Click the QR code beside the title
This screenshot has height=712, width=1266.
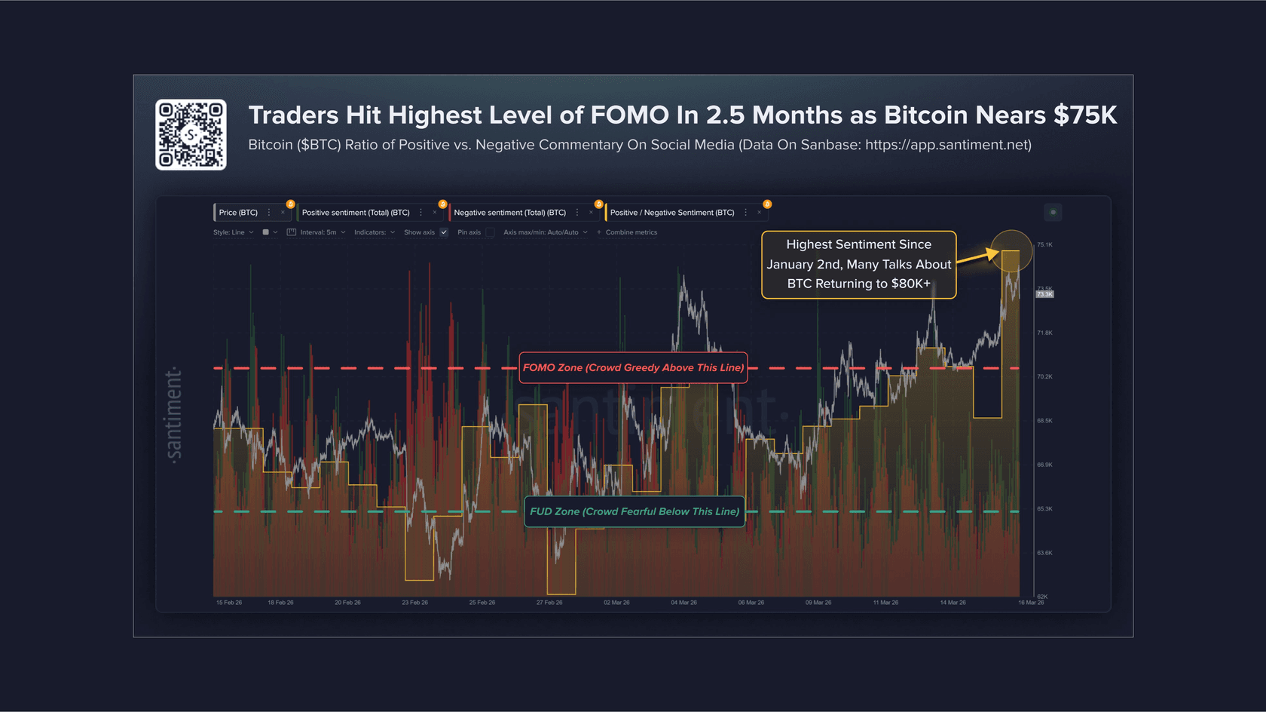pos(191,135)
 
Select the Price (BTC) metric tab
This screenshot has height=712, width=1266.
pos(238,213)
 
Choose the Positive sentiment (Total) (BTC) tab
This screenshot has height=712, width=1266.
pos(356,213)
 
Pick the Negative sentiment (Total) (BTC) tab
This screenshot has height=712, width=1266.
pos(509,213)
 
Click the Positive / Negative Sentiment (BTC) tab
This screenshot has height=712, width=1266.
pos(671,213)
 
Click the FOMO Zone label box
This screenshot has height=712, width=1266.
pos(633,368)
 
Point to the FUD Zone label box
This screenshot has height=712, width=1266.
pos(635,511)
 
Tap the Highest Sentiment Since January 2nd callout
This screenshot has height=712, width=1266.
pos(858,265)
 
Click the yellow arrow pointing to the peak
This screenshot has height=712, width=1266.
pos(977,256)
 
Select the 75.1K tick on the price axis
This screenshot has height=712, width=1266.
pos(1044,245)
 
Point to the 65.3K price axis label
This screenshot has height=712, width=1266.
pos(1044,509)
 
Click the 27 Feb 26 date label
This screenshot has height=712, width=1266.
pos(549,603)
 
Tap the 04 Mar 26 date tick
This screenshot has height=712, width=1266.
pos(683,603)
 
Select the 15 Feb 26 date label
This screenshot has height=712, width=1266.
pos(229,603)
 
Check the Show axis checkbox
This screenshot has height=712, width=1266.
pos(444,232)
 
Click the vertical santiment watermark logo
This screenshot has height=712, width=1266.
pos(174,415)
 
